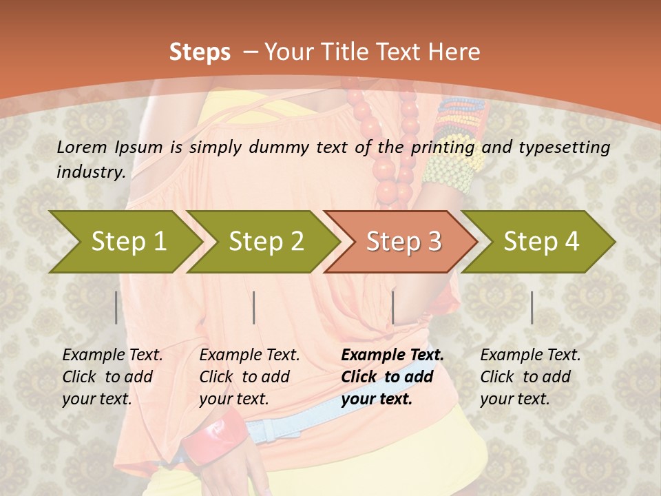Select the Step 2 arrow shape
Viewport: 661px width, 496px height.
click(265, 242)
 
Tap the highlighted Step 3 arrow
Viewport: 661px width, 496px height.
click(403, 242)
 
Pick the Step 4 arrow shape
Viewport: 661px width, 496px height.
click(541, 242)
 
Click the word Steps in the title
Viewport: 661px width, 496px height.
click(200, 52)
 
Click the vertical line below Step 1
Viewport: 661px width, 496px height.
click(116, 307)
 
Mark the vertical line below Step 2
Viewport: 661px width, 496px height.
click(254, 307)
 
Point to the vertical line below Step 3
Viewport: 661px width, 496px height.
click(392, 307)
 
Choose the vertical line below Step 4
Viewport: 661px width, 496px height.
click(532, 307)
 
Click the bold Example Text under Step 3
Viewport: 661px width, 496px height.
click(392, 355)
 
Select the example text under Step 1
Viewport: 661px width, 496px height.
click(112, 377)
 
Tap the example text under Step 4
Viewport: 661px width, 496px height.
click(530, 377)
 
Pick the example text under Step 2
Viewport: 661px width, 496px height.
click(249, 377)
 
